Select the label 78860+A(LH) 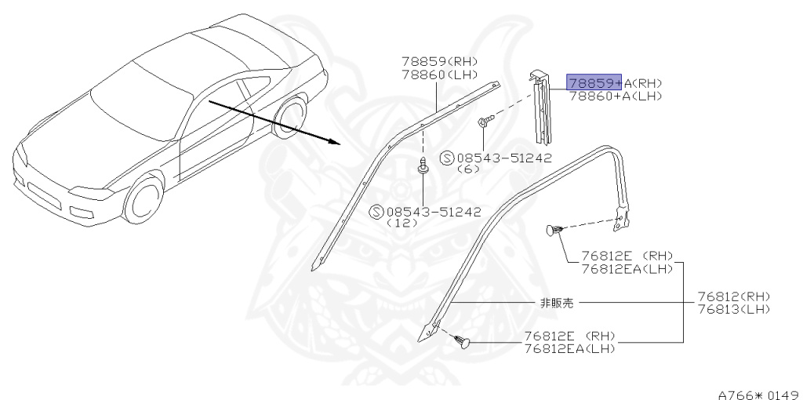(x=616, y=96)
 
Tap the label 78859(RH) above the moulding (x=439, y=61)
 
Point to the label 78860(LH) (x=439, y=74)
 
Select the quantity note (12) (x=399, y=223)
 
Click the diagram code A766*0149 (x=758, y=394)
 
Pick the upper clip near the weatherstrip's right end (x=554, y=230)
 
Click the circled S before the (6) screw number (x=446, y=158)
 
